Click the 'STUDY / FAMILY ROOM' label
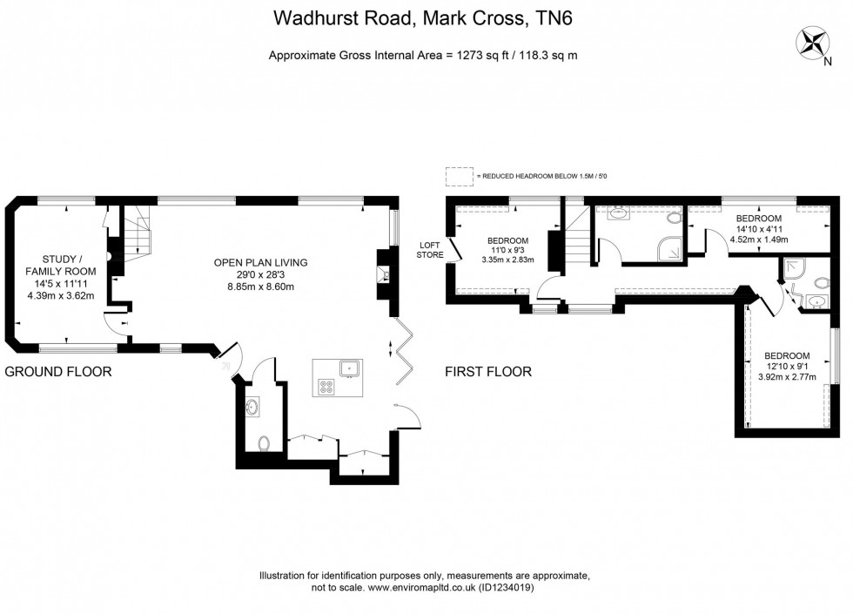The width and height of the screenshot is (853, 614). click(64, 265)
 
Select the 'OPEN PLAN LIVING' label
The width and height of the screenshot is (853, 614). click(261, 262)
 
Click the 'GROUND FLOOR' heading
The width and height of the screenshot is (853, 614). click(58, 372)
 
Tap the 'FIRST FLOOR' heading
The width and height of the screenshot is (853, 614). click(488, 372)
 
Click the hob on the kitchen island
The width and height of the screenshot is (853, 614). click(327, 386)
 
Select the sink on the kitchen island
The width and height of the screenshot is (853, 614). click(350, 368)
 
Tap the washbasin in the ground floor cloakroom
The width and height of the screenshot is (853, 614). click(253, 406)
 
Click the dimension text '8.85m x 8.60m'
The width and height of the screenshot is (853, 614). click(261, 287)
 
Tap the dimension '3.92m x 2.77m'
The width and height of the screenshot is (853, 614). click(787, 378)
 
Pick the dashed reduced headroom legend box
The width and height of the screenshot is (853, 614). click(458, 177)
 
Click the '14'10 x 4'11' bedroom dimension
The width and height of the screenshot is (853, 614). click(758, 229)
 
